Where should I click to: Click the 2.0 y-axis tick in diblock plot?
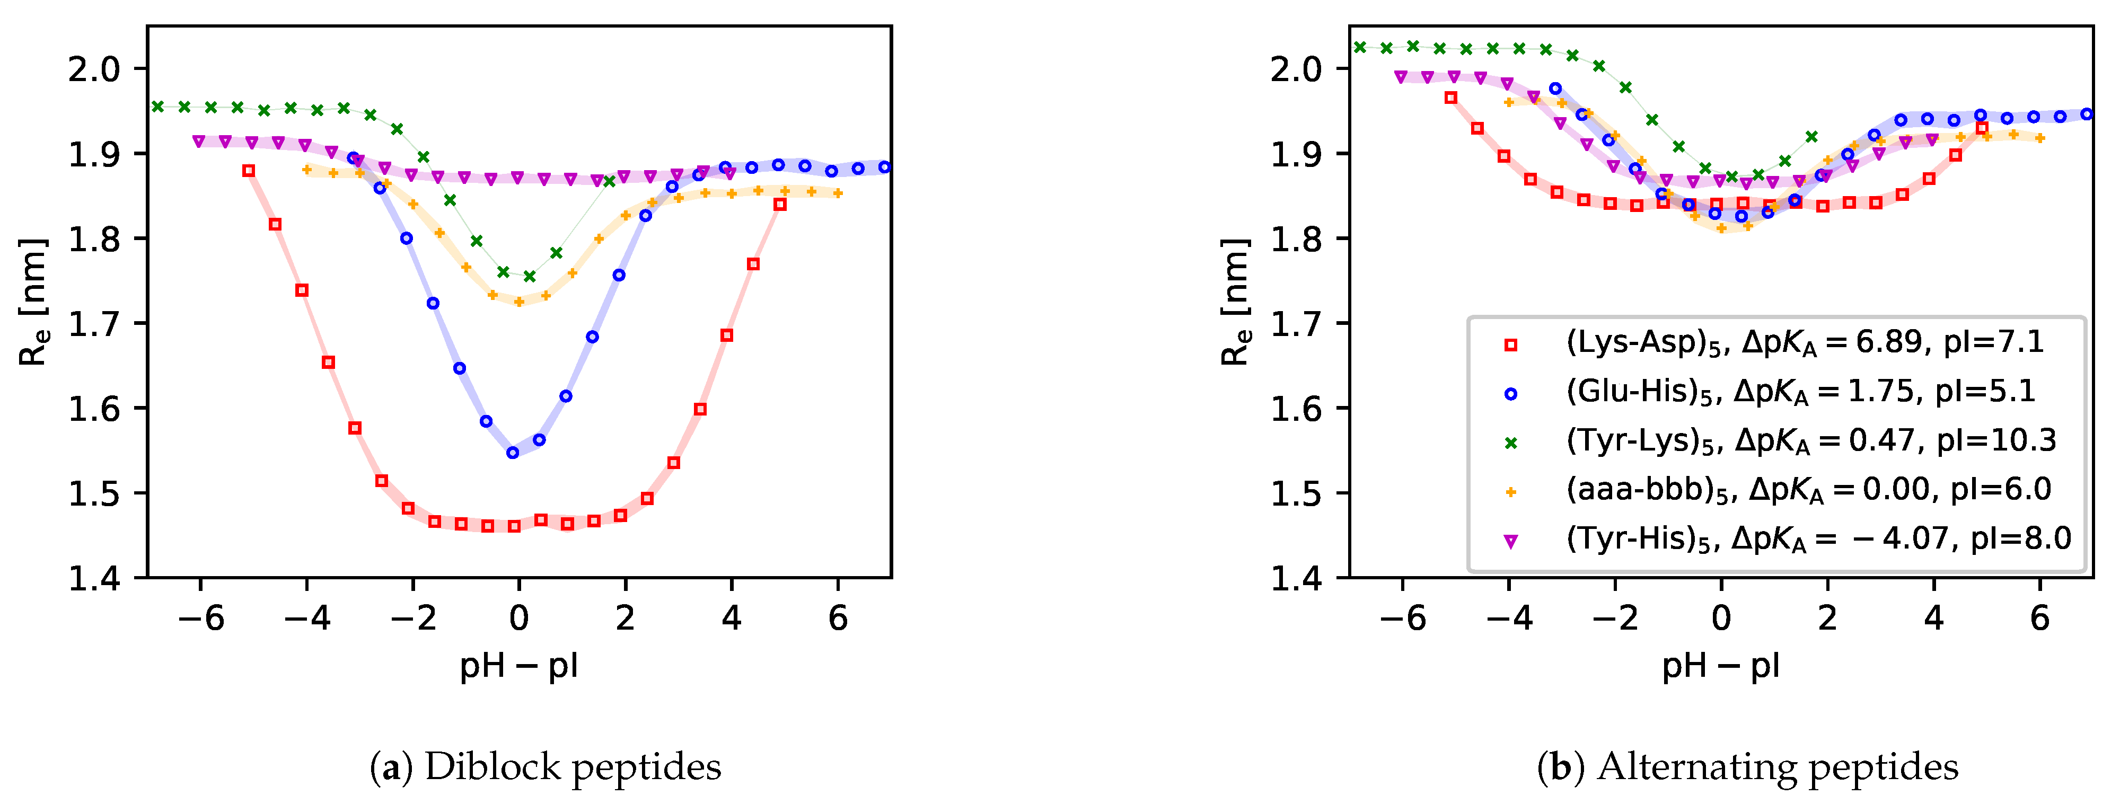(94, 69)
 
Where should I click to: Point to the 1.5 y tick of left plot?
(94, 493)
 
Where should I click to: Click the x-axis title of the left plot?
(518, 666)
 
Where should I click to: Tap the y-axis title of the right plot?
(1236, 302)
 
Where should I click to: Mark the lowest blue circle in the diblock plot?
(513, 453)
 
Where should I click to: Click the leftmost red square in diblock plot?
(249, 171)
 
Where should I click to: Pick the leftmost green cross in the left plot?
(158, 107)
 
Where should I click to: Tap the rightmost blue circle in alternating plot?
(2087, 114)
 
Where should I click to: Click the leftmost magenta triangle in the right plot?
(1401, 77)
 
